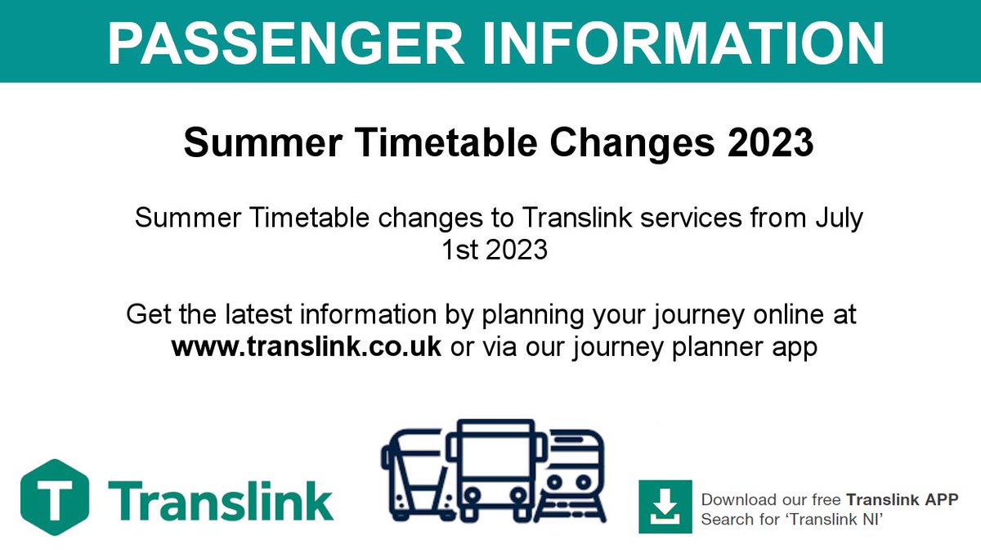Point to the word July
click(x=838, y=219)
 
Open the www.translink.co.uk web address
click(x=307, y=345)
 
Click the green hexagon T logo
click(x=54, y=496)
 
